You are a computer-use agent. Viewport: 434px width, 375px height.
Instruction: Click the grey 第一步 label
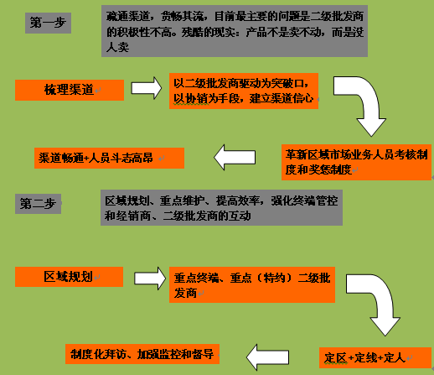click(x=48, y=23)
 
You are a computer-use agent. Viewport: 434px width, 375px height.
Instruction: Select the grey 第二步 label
click(x=38, y=204)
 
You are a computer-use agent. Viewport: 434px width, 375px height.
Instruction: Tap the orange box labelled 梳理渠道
click(x=70, y=90)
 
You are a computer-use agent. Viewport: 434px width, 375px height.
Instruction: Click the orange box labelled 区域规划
click(x=69, y=277)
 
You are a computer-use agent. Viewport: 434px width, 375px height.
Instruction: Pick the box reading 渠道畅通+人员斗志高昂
click(x=109, y=158)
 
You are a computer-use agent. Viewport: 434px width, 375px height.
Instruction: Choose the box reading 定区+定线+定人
click(x=375, y=357)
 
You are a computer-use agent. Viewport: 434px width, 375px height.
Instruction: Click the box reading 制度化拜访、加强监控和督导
click(x=142, y=354)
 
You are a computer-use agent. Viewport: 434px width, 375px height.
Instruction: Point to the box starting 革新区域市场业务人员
click(x=357, y=162)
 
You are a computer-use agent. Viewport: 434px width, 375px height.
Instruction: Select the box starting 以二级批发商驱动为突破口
click(x=244, y=91)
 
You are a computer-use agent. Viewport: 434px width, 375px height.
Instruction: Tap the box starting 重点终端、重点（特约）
click(x=252, y=284)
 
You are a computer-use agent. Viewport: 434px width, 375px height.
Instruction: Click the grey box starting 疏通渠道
click(x=235, y=31)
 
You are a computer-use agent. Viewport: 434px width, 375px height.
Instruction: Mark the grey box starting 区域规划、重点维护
click(x=221, y=208)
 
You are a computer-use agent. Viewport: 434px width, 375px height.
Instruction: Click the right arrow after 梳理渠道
click(x=147, y=88)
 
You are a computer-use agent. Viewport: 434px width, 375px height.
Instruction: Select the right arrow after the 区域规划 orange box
click(x=150, y=279)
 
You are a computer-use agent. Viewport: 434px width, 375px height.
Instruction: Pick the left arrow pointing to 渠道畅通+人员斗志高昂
click(x=235, y=157)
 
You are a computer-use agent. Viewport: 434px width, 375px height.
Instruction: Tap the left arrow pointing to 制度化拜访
click(x=267, y=357)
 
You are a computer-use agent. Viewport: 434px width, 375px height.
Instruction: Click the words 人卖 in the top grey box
click(x=117, y=48)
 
